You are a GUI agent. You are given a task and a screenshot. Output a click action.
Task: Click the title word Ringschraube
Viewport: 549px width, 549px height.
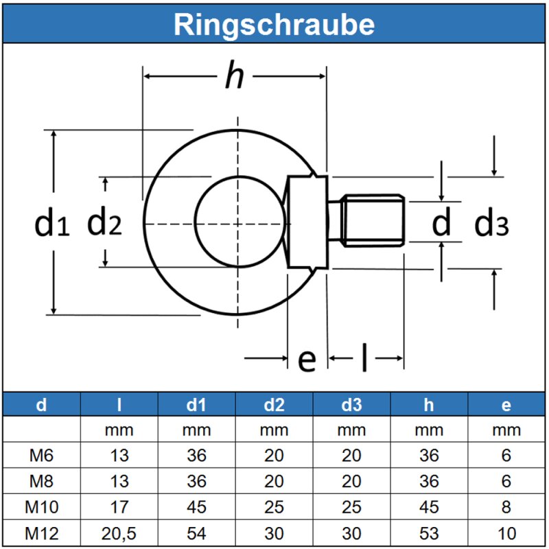[x=274, y=24]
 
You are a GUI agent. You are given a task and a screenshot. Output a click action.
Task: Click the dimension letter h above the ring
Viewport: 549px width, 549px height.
[x=234, y=77]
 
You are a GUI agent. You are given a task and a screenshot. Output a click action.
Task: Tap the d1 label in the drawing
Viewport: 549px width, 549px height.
[x=52, y=224]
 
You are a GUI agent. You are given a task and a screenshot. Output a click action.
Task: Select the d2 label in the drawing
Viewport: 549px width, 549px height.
[x=104, y=222]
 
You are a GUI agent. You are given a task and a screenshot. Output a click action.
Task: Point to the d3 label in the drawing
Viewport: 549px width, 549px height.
[x=492, y=223]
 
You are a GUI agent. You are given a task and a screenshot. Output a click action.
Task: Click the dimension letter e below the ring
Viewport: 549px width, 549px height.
[x=307, y=358]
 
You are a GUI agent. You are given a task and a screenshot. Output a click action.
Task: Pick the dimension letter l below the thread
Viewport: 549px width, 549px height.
[x=364, y=358]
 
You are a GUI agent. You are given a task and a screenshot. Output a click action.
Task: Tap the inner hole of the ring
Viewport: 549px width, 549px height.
[x=238, y=222]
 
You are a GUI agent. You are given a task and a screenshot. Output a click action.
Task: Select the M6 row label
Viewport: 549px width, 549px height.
[x=42, y=456]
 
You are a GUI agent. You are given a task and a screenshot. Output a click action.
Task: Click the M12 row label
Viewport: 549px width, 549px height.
[x=42, y=533]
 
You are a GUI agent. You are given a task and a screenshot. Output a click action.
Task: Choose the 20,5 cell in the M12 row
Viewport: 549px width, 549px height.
[x=119, y=533]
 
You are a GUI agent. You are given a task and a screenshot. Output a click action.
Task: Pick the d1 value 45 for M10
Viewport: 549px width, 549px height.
[x=197, y=507]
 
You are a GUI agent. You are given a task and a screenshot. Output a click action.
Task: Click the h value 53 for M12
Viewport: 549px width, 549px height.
[x=429, y=533]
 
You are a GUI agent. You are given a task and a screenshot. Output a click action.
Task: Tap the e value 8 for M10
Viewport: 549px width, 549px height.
[x=506, y=507]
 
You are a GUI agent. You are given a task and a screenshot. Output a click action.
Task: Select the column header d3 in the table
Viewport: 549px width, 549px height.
[x=351, y=405]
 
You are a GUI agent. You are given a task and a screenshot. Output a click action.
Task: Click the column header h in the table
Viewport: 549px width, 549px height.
[x=429, y=405]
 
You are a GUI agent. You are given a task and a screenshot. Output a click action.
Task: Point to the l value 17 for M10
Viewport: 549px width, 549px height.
[x=119, y=507]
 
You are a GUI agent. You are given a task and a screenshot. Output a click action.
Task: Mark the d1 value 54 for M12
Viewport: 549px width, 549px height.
[x=197, y=533]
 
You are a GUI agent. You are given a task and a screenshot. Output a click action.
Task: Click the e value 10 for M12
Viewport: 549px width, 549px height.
[x=506, y=533]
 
